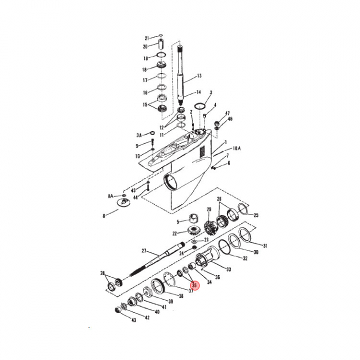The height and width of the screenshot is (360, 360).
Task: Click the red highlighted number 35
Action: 194,285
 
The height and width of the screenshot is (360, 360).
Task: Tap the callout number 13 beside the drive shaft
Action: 199,75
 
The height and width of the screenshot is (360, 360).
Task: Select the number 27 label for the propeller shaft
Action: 144,251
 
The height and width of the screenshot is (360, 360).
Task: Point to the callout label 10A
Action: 236,148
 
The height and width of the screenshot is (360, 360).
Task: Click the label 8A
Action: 110,196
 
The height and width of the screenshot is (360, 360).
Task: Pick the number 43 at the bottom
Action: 133,320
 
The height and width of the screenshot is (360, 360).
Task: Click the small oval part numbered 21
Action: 160,35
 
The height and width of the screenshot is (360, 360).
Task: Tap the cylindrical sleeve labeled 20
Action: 161,44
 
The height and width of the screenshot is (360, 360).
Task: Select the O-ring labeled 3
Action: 199,106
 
